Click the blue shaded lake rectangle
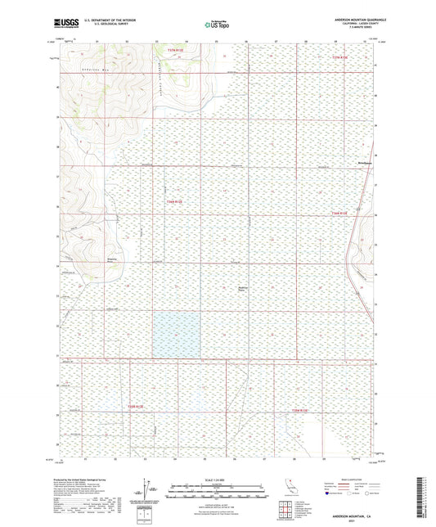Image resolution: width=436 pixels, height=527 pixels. tap(177, 334)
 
